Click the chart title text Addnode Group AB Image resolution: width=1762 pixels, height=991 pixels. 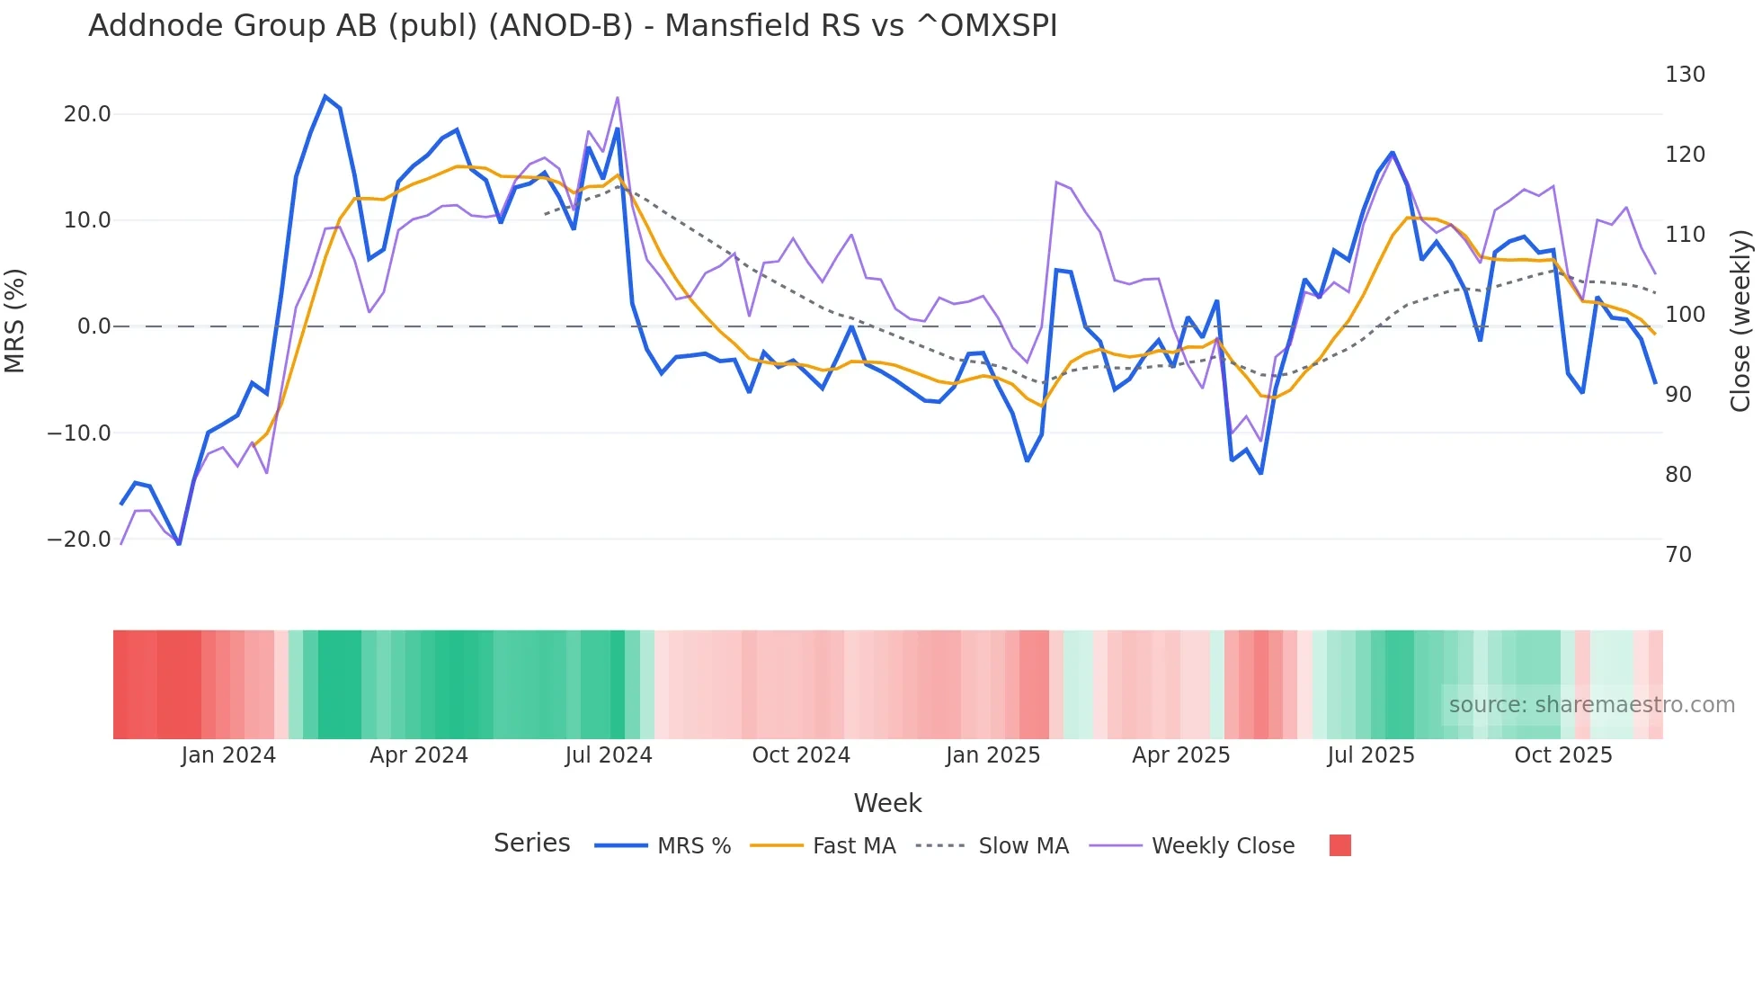click(x=572, y=25)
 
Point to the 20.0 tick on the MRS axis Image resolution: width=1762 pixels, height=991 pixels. click(x=87, y=114)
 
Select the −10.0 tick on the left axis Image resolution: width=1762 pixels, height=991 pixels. click(x=79, y=433)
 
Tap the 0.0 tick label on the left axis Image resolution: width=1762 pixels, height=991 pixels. click(x=93, y=326)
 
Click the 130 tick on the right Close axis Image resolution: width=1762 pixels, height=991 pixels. click(x=1685, y=75)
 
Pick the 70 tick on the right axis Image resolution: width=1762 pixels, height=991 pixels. click(x=1678, y=555)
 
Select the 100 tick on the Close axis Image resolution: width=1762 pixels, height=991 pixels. click(x=1685, y=315)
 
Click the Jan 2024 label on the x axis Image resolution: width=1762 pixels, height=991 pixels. click(x=228, y=755)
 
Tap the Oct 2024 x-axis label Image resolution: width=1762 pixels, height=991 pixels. click(x=801, y=755)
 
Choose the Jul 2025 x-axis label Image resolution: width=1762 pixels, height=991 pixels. click(x=1371, y=755)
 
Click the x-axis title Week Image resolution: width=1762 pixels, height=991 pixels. click(x=887, y=803)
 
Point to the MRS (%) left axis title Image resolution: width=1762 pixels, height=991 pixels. click(x=15, y=321)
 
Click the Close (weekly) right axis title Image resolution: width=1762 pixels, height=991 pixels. click(x=1740, y=321)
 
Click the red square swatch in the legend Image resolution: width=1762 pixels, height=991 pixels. click(x=1339, y=845)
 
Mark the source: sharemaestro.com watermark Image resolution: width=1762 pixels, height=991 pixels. click(x=1591, y=705)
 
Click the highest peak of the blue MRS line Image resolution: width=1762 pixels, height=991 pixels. click(x=325, y=96)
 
